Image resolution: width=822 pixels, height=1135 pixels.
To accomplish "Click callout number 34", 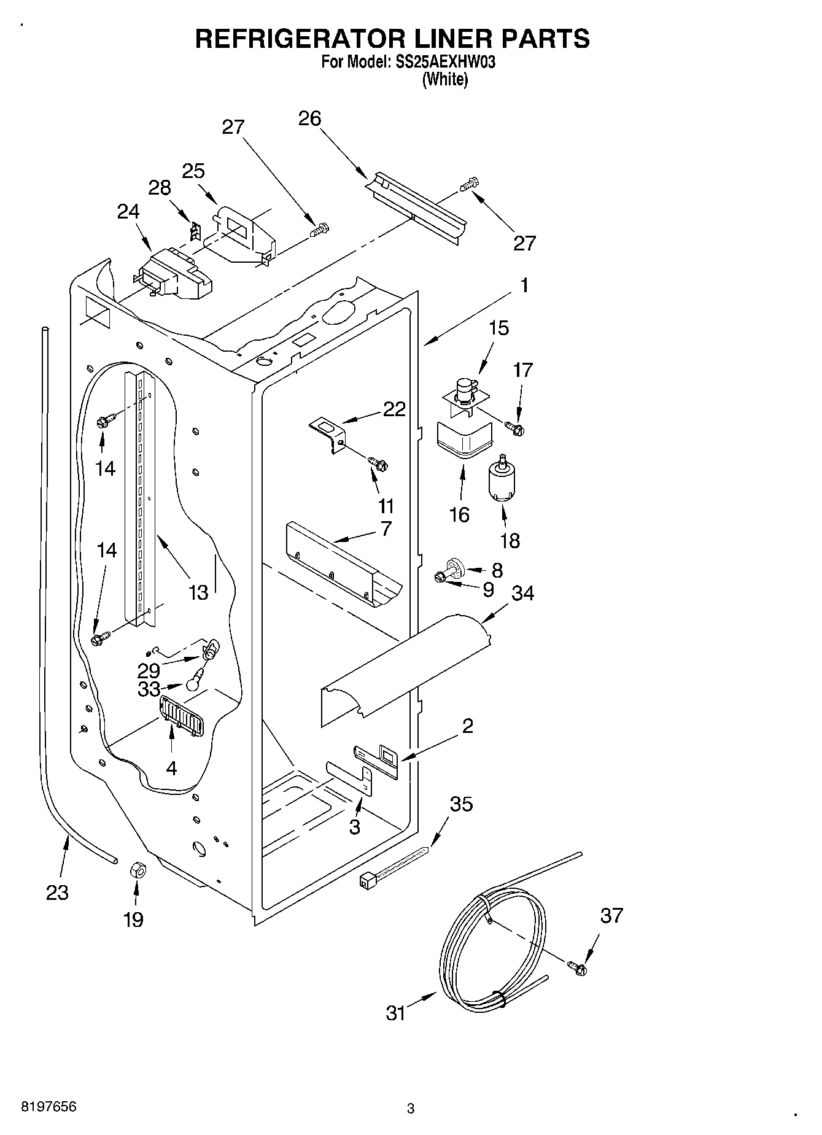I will click(523, 593).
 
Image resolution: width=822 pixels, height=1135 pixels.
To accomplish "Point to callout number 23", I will click(57, 892).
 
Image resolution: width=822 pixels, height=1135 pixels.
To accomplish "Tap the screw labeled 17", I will click(515, 428).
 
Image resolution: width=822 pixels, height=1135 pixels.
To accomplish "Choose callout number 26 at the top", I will click(309, 118).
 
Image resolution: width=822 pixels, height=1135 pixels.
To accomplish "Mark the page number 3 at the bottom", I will click(411, 1108).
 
